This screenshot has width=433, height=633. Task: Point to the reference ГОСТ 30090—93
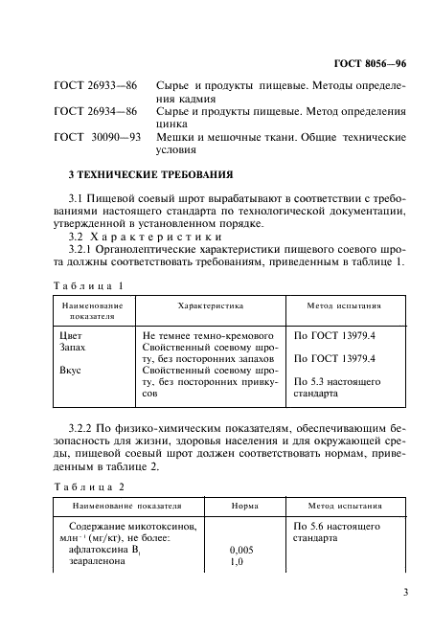tap(97, 137)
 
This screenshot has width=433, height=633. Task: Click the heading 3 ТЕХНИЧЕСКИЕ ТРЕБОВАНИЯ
tap(137, 174)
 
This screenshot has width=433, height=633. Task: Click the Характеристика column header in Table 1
tap(211, 305)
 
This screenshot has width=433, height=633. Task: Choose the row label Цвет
tap(72, 336)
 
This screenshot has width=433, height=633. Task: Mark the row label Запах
tap(74, 350)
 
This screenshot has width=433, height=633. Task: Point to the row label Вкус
tap(71, 369)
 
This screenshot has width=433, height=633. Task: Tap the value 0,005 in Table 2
tap(242, 552)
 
